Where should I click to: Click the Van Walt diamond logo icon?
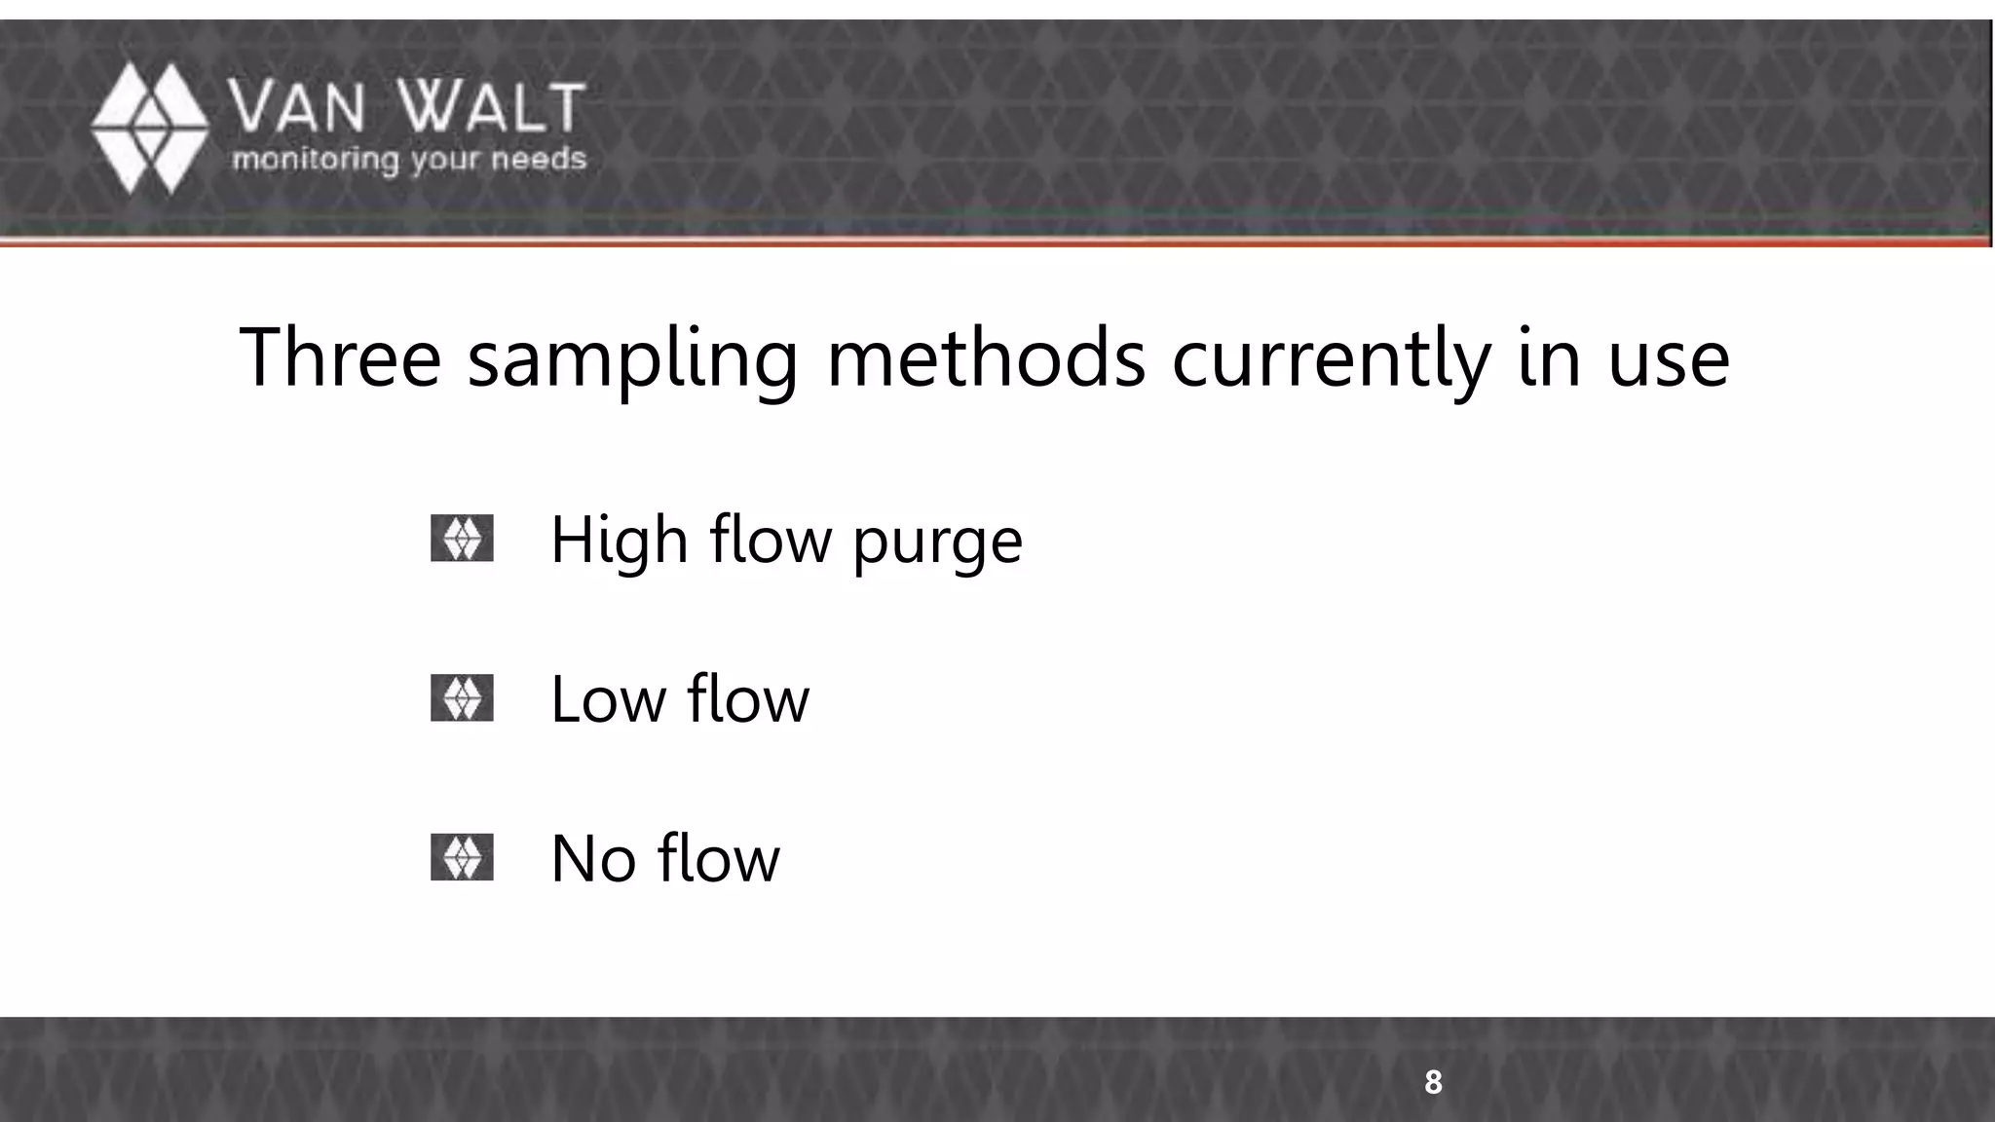pos(150,128)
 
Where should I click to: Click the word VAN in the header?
pos(296,107)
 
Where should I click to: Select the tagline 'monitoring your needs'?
pos(409,160)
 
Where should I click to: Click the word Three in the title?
pos(340,357)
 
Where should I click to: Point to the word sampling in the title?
pos(633,360)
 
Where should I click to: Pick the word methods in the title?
pos(986,357)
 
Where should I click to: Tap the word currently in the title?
pos(1331,360)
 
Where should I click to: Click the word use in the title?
pos(1668,360)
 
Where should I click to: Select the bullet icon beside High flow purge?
pos(462,539)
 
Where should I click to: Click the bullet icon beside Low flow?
pos(462,698)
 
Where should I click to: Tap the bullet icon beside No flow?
pos(462,858)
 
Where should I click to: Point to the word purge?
pos(937,545)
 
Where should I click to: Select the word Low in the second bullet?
pos(608,699)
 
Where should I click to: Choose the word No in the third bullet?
pos(593,859)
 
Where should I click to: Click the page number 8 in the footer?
pos(1433,1082)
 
